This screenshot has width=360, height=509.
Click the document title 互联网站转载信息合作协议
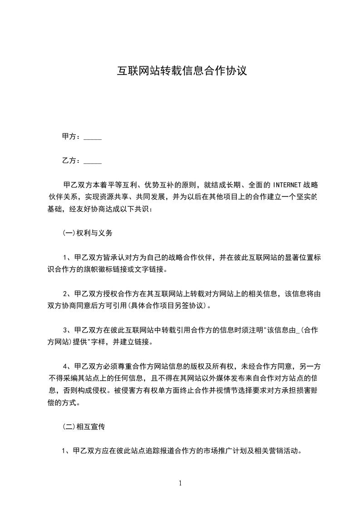pyautogui.click(x=182, y=72)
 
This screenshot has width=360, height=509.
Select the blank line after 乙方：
pyautogui.click(x=93, y=162)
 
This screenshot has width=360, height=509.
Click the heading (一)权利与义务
pyautogui.click(x=87, y=233)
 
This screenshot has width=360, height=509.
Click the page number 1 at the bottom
pyautogui.click(x=180, y=483)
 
